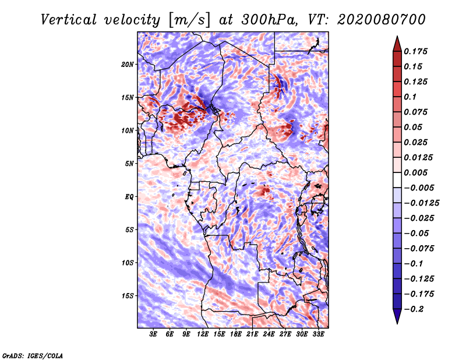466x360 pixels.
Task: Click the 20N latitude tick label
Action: pyautogui.click(x=128, y=65)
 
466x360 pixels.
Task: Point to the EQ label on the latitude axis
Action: pyautogui.click(x=129, y=197)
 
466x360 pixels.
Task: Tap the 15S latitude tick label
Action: pyautogui.click(x=128, y=296)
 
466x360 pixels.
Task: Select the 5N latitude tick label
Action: pyautogui.click(x=129, y=164)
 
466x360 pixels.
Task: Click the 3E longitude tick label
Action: pyautogui.click(x=153, y=334)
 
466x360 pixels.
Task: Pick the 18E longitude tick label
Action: pyautogui.click(x=236, y=334)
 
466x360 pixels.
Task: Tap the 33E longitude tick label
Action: pyautogui.click(x=318, y=334)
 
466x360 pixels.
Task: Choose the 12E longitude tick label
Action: pyautogui.click(x=203, y=334)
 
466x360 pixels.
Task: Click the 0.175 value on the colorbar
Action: pyautogui.click(x=415, y=51)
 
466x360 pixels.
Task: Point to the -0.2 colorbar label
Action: pyautogui.click(x=414, y=309)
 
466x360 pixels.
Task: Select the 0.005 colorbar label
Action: pyautogui.click(x=415, y=172)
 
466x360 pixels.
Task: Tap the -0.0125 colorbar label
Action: pyautogui.click(x=421, y=203)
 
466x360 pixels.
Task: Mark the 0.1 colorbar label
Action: pyautogui.click(x=410, y=97)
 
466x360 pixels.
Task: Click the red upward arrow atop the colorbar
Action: pyautogui.click(x=397, y=44)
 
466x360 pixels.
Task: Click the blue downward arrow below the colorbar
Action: pyautogui.click(x=397, y=316)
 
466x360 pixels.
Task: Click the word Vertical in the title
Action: pyautogui.click(x=69, y=20)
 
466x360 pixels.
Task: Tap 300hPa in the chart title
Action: pyautogui.click(x=269, y=20)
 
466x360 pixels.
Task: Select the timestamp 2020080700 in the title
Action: pyautogui.click(x=382, y=20)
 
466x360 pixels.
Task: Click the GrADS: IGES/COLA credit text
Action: pyautogui.click(x=33, y=355)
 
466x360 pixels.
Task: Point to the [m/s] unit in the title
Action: pyautogui.click(x=189, y=20)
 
